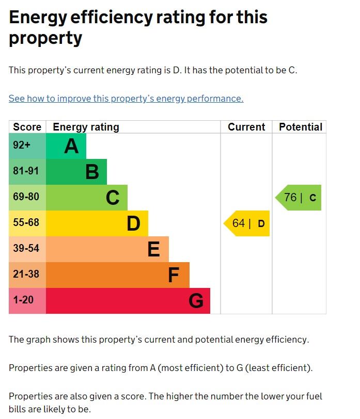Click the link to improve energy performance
126,99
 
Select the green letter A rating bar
66,146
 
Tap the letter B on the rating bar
92,172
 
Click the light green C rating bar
87,198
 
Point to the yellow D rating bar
97,223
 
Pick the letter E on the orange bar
153,249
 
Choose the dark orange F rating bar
118,275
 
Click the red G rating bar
128,301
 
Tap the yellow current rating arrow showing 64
247,223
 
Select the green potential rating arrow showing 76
299,198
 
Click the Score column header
27,127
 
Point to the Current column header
246,127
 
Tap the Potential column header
300,127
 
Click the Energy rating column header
86,127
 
